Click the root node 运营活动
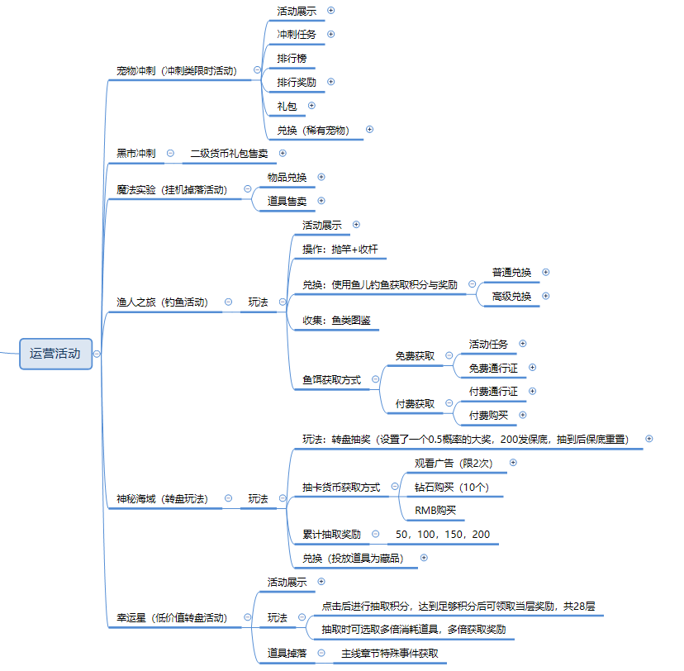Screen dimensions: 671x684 point(55,354)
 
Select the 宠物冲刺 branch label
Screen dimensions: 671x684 point(176,71)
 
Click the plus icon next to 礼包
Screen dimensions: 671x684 point(311,106)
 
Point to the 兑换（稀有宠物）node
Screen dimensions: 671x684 point(313,130)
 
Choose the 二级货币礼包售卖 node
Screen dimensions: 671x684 point(229,153)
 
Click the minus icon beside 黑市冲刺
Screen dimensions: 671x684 point(170,153)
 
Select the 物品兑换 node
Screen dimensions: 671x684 point(287,177)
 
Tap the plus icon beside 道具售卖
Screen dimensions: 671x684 point(321,201)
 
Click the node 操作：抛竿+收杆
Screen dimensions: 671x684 point(340,249)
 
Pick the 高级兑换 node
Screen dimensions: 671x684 point(512,297)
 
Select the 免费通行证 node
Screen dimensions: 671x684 point(493,368)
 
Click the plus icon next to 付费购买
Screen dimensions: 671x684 point(522,415)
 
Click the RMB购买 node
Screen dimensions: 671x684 point(435,511)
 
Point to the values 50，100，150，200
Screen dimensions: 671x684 point(443,535)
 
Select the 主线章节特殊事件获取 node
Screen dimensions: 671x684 point(390,653)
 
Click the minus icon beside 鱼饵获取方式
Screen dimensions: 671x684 point(375,379)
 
